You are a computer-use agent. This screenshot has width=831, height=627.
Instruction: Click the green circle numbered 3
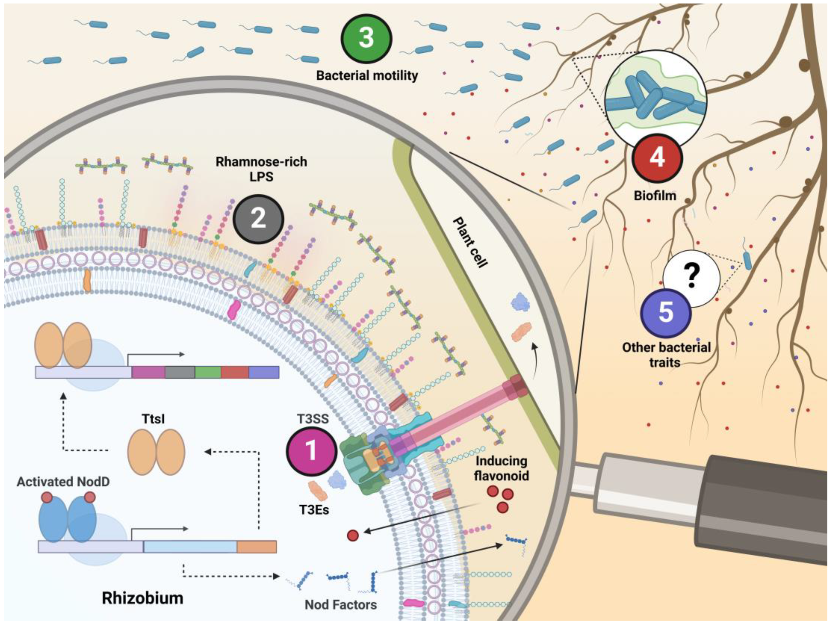coord(366,38)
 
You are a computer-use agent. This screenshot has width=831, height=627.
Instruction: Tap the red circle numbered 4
coord(657,158)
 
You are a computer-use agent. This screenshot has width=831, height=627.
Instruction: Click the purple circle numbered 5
coord(666,313)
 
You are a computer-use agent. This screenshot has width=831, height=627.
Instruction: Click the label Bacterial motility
coord(367,76)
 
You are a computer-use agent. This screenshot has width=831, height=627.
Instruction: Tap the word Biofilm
coord(655,196)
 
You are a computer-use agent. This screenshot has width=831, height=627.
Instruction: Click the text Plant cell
coord(470,242)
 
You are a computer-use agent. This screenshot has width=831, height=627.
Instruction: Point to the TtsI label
coord(153,418)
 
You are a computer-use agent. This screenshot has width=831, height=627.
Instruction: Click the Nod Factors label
coord(340,605)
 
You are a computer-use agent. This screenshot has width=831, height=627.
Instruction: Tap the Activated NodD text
coord(63,482)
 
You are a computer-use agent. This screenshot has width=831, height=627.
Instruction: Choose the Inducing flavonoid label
coord(501,468)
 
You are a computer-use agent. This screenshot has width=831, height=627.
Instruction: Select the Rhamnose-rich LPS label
coord(261,169)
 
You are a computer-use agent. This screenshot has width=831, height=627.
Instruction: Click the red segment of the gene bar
coord(235,372)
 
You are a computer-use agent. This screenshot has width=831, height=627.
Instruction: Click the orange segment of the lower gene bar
coord(257,547)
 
